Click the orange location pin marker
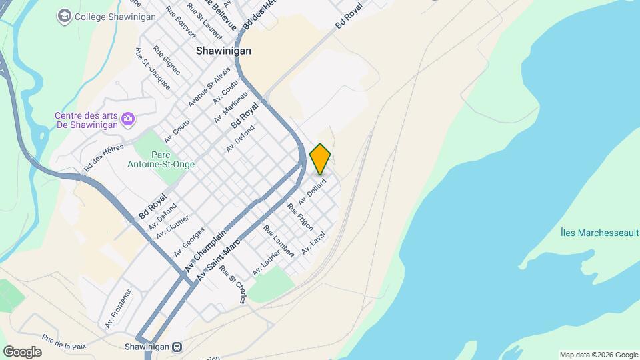click(x=321, y=159)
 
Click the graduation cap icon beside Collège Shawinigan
click(x=65, y=16)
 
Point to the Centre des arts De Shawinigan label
click(x=86, y=119)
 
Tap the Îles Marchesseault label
click(x=599, y=233)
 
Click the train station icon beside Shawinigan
click(x=177, y=347)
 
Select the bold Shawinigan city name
click(x=223, y=51)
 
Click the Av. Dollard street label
click(x=312, y=191)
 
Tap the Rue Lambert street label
click(x=278, y=241)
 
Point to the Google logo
click(x=22, y=351)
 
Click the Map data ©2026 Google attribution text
click(x=599, y=355)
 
